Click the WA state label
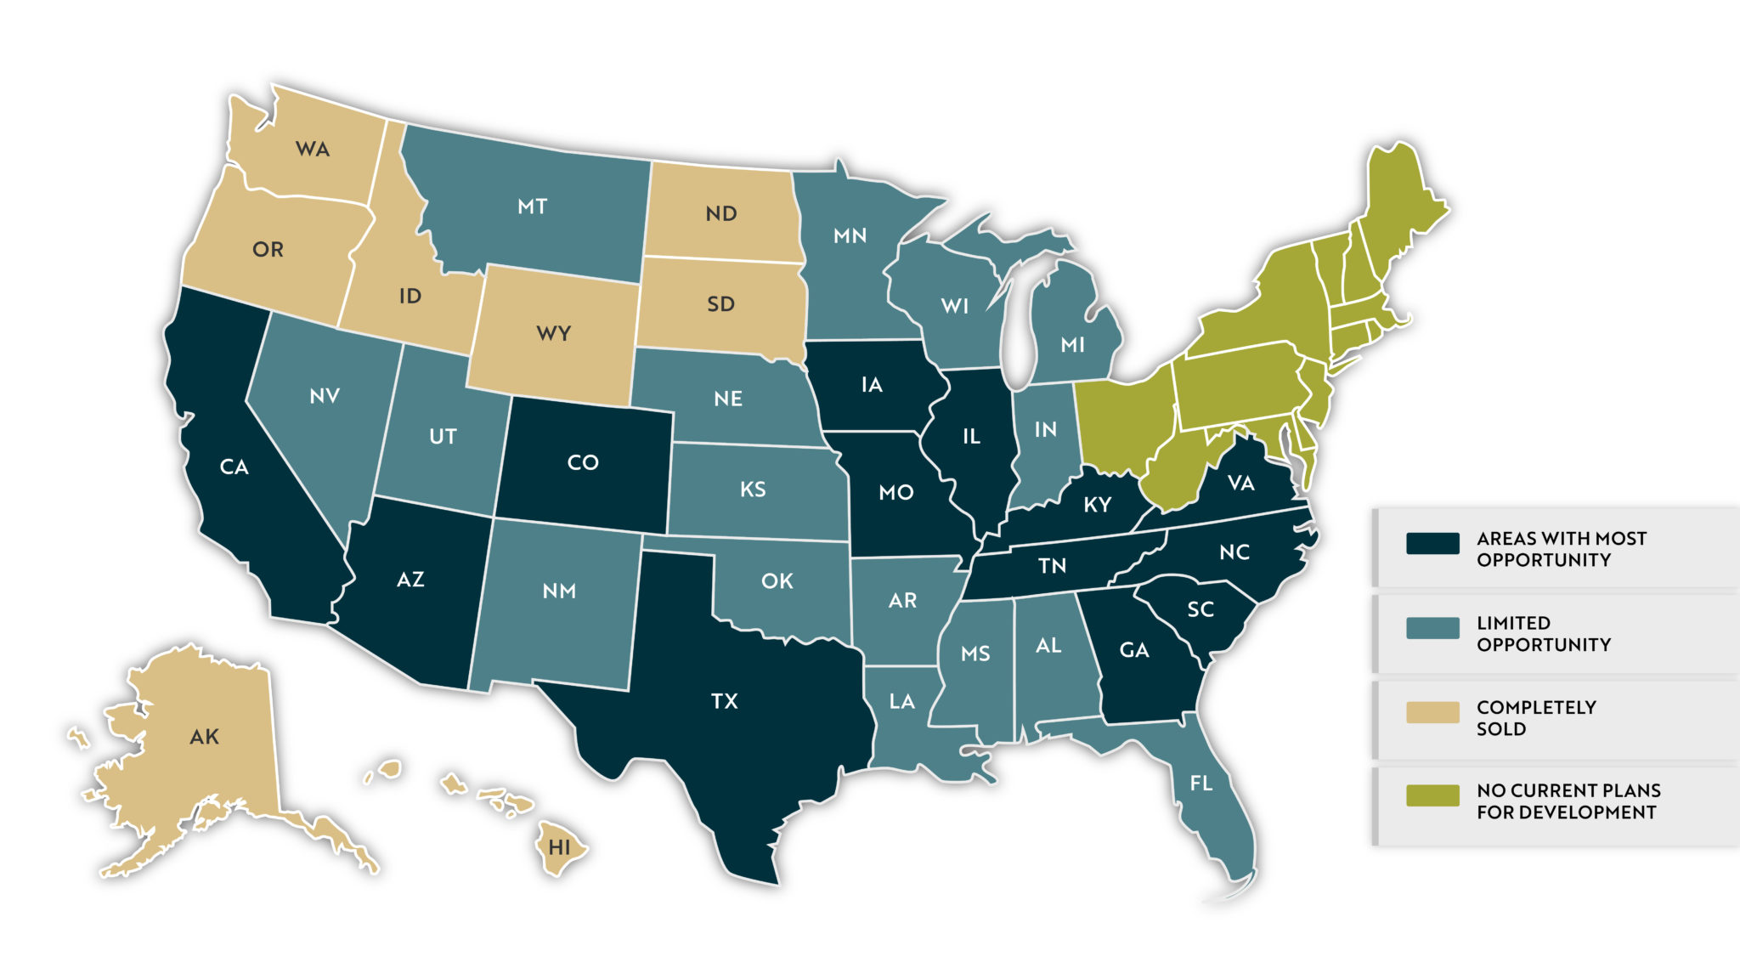pos(312,150)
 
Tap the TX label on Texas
pos(724,701)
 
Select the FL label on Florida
pos(1200,783)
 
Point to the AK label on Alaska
pos(204,737)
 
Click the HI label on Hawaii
pos(559,847)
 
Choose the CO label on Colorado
pos(583,462)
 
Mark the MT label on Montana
pos(532,207)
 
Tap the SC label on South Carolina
pos(1200,609)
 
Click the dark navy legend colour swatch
pos(1432,544)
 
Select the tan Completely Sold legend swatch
pos(1432,712)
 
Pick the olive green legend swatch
pos(1432,795)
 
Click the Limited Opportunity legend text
pos(1543,634)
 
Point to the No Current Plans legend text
pos(1568,801)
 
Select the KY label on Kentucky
pos(1097,505)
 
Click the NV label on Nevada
pos(325,396)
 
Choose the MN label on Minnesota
pos(850,235)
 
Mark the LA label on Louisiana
pos(901,701)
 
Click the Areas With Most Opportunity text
pos(1561,549)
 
